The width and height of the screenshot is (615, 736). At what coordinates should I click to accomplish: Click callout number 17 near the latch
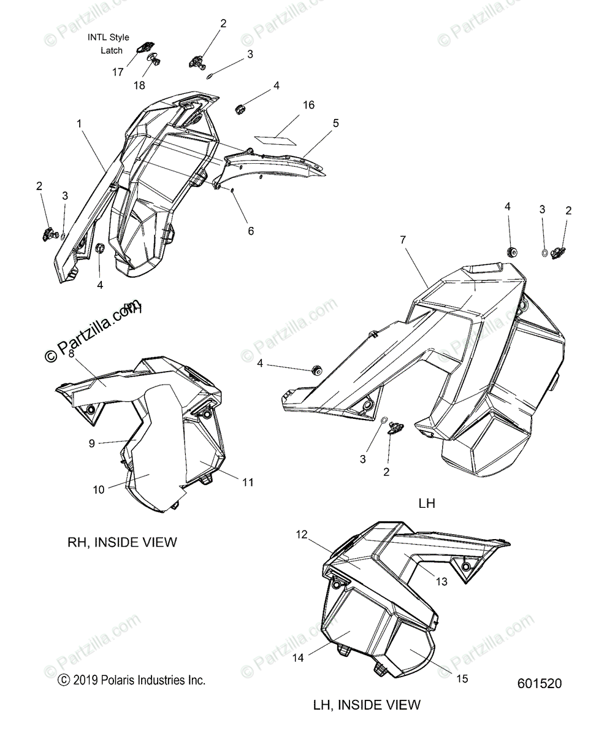118,72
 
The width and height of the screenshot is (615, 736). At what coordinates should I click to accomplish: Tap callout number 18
139,85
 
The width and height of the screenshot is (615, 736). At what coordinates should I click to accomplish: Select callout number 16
308,105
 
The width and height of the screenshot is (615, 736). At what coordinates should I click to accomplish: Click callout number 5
335,123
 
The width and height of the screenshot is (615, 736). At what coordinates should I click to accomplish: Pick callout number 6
250,231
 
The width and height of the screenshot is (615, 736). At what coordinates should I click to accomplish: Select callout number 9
92,443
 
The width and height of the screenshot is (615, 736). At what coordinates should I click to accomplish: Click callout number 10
98,489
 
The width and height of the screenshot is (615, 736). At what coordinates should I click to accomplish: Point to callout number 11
247,483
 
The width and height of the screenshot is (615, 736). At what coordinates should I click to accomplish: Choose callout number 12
301,534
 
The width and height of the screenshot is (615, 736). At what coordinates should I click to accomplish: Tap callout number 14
298,658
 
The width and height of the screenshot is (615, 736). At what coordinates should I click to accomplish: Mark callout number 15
462,678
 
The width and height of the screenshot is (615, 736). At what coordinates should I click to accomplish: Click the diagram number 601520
539,683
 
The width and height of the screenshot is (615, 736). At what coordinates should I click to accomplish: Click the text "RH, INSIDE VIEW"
122,542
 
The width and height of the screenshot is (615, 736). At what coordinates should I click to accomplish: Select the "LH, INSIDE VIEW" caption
367,705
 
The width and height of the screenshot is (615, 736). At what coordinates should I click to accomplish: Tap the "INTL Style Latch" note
109,44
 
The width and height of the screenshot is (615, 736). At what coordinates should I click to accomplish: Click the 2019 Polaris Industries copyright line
131,680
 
